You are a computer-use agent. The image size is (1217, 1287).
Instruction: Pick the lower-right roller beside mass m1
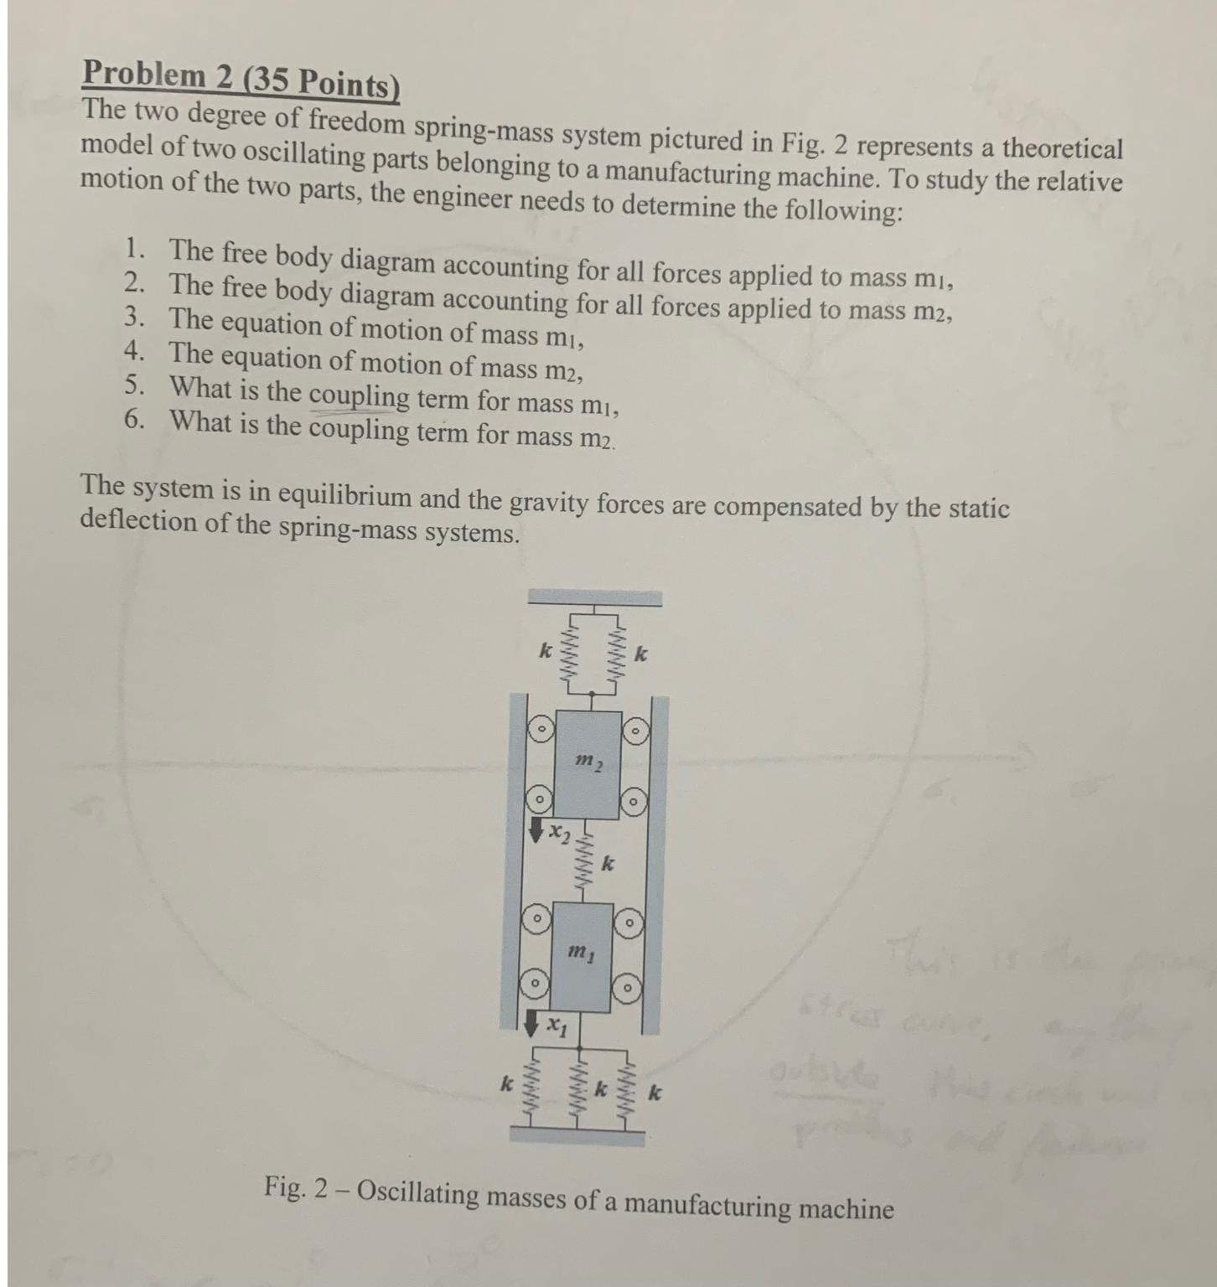coord(627,990)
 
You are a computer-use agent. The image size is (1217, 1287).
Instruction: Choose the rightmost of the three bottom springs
coord(624,1092)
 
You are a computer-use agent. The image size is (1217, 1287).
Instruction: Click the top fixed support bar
coord(594,597)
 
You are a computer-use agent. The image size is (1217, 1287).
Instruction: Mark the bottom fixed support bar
coord(577,1134)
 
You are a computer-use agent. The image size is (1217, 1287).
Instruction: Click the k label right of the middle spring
coord(609,862)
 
